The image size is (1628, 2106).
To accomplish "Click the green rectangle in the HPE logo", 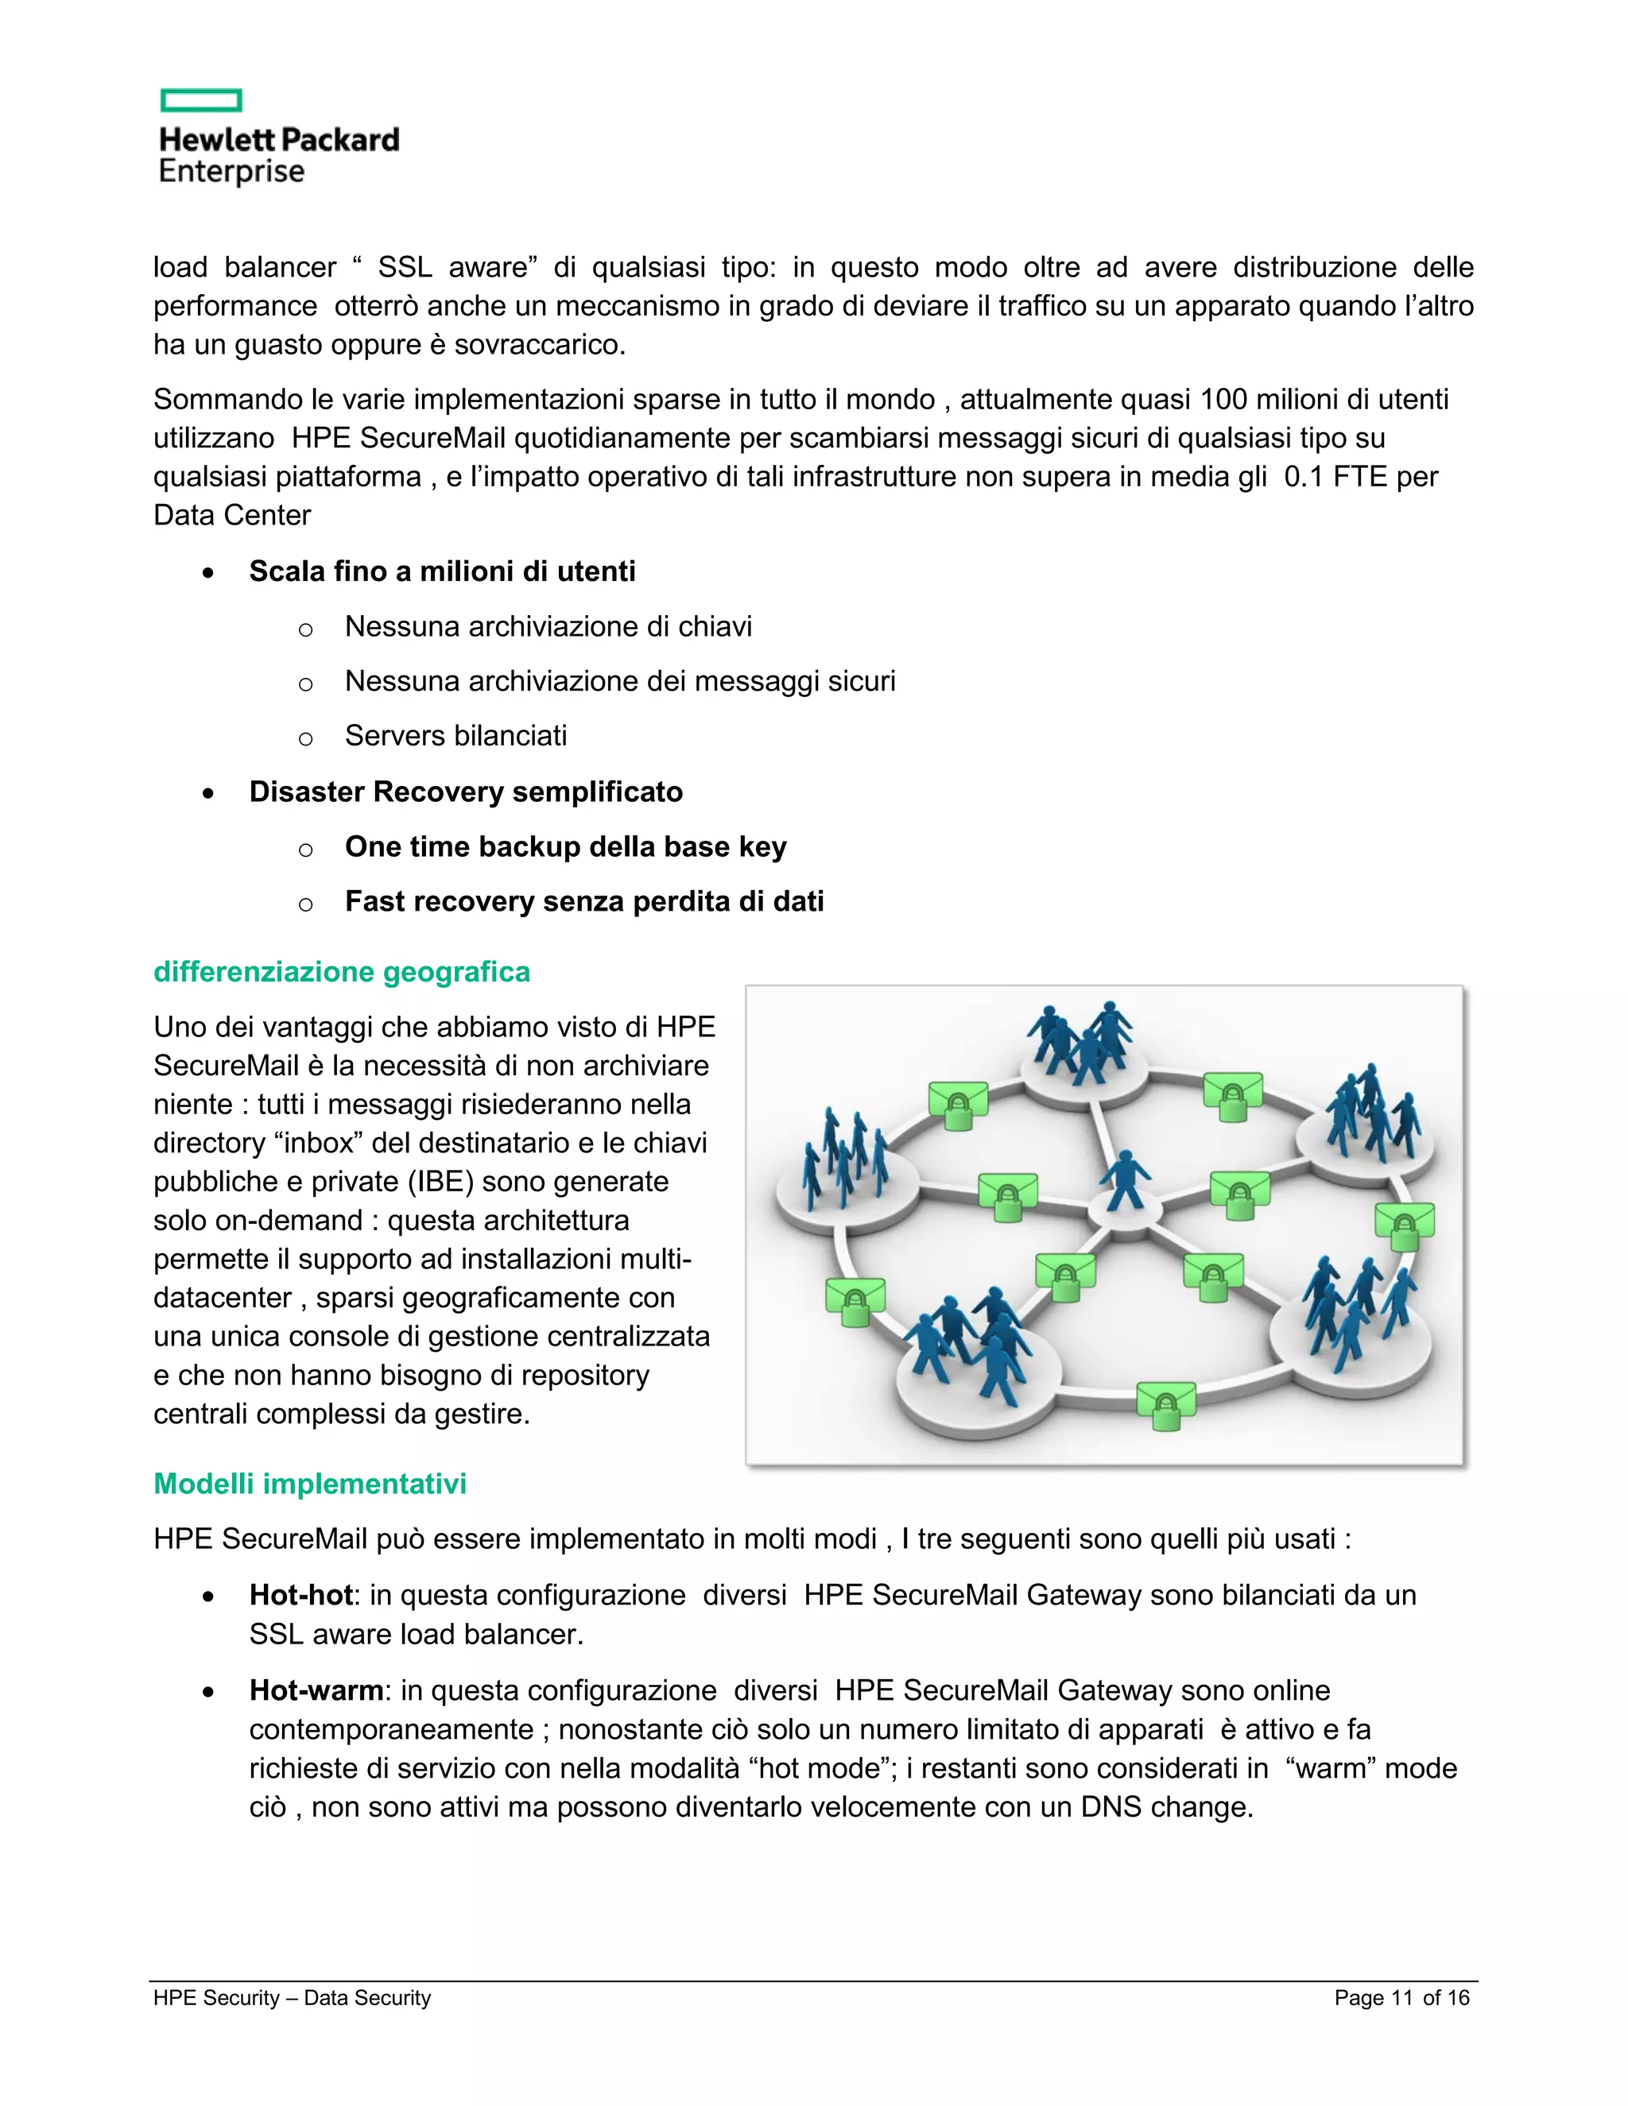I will (200, 100).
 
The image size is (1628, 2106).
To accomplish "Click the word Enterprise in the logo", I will (231, 172).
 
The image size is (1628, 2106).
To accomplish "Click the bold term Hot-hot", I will (300, 1595).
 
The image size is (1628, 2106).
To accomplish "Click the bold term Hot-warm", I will (316, 1690).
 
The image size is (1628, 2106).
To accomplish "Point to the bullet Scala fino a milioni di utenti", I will (442, 572).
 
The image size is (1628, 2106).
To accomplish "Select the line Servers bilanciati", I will (455, 736).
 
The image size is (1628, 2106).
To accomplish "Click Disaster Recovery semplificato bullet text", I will (466, 792).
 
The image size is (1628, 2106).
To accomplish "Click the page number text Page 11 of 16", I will (1401, 1998).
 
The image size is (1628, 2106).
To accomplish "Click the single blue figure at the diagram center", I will (1125, 1180).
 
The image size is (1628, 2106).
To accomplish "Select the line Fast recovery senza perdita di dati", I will (583, 902).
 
